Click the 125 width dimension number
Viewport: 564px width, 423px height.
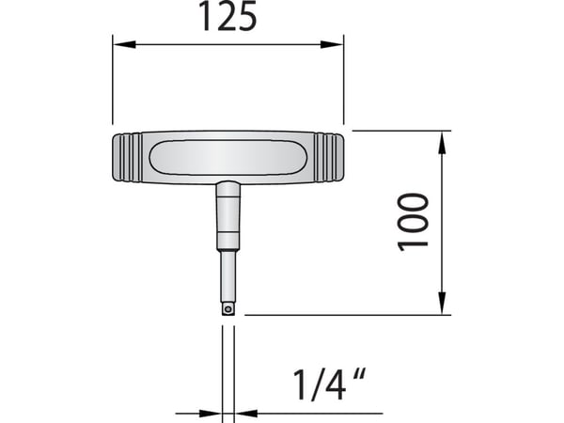click(227, 16)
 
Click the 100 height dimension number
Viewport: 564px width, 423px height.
click(413, 222)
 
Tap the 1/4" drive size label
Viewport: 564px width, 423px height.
click(330, 384)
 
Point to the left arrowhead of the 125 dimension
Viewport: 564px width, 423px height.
click(124, 44)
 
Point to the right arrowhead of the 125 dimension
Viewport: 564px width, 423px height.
click(332, 44)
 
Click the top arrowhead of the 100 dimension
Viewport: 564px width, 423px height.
click(442, 143)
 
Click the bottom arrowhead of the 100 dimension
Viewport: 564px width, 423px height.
click(442, 303)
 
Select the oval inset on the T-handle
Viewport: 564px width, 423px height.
click(228, 158)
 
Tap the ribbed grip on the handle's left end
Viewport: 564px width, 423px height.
click(127, 158)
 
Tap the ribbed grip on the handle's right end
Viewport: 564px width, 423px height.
click(329, 158)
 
